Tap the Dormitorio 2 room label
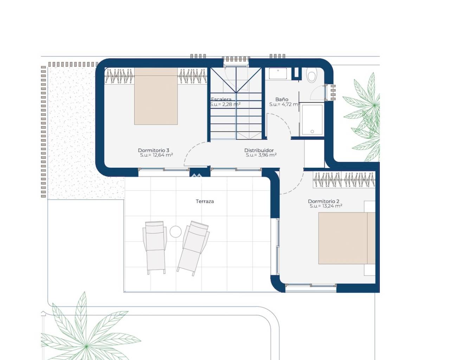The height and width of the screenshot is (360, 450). [323, 201]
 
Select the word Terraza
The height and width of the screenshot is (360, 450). [205, 201]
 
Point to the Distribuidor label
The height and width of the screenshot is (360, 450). [259, 150]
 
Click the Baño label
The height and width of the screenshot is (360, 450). [282, 99]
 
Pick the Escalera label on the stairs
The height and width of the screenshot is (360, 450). [221, 99]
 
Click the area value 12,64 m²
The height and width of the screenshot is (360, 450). [161, 155]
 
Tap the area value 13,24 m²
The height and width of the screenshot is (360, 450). [330, 206]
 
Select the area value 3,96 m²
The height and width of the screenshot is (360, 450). [266, 155]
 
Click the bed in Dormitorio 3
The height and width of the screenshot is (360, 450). [156, 96]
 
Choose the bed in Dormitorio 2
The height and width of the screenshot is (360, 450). [347, 238]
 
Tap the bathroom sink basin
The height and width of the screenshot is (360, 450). [278, 73]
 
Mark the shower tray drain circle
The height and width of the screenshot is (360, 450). [312, 131]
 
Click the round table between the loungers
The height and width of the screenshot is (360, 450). [175, 232]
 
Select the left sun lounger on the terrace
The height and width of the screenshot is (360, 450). [155, 247]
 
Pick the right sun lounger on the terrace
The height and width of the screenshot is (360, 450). [193, 248]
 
